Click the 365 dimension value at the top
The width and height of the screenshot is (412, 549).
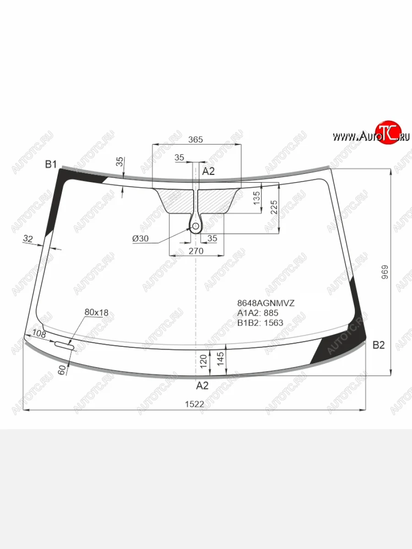tap(195, 140)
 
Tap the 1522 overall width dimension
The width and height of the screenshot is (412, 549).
tap(195, 404)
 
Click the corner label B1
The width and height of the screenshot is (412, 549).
tap(51, 164)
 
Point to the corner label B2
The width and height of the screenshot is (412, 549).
tap(379, 345)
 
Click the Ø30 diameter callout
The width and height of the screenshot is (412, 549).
tap(141, 238)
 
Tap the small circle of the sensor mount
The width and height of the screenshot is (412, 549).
tap(195, 226)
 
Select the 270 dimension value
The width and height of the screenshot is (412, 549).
tap(196, 251)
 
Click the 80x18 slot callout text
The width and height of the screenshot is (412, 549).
tap(96, 312)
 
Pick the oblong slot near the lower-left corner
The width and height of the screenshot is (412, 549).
tap(64, 345)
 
